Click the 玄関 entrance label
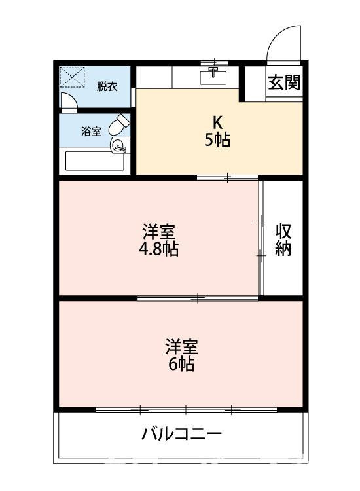coord(283,83)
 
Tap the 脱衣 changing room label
coord(107,86)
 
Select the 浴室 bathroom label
coord(91,131)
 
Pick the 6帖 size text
coord(181,365)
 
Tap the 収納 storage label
coord(283,240)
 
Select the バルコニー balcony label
coord(181,434)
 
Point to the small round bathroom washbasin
coord(117,145)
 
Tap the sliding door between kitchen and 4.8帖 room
coord(227,177)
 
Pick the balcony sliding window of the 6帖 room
coord(187,410)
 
